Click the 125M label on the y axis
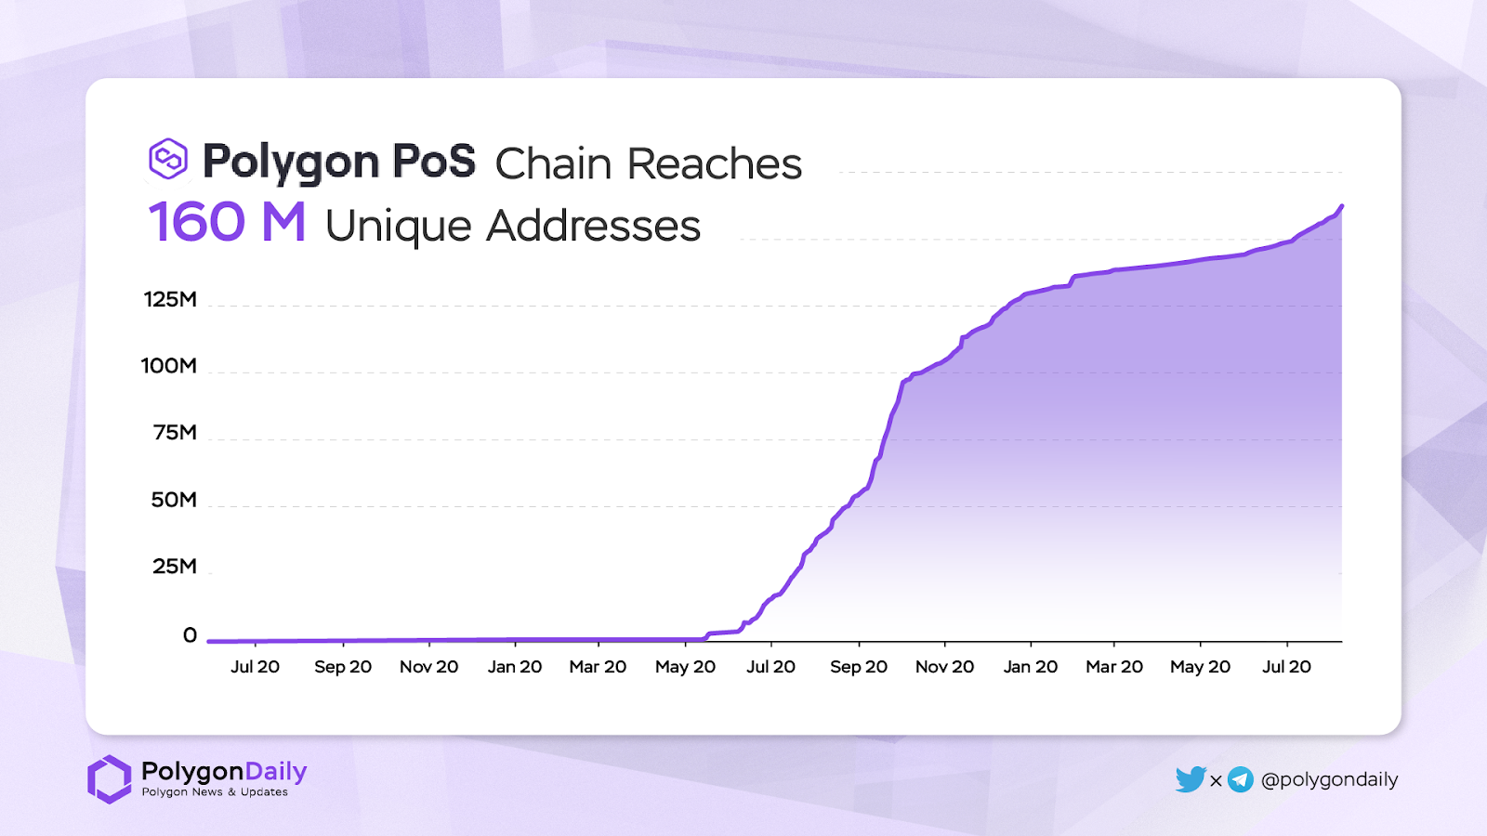click(170, 299)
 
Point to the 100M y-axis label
click(169, 366)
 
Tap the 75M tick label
click(175, 432)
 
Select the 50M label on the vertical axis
click(174, 500)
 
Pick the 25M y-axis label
click(175, 567)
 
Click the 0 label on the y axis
click(190, 635)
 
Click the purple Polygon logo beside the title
click(168, 159)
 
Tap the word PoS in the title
click(434, 162)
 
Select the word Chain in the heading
click(553, 164)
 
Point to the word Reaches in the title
click(714, 164)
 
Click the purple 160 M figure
click(227, 223)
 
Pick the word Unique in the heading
click(398, 226)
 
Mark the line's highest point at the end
click(1341, 206)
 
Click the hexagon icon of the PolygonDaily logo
click(110, 778)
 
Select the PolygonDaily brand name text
click(224, 771)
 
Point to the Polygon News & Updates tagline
click(215, 792)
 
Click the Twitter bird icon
click(1190, 779)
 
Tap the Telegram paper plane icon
click(1241, 779)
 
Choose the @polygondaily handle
click(1329, 779)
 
